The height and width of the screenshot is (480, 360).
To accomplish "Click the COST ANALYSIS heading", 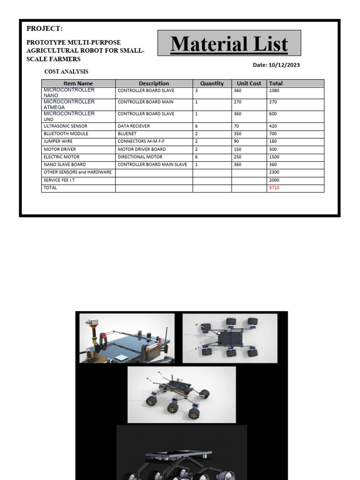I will (x=66, y=72).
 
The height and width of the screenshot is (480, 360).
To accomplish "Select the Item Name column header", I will (x=78, y=83).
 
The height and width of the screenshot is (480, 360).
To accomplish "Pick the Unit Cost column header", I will (x=249, y=83).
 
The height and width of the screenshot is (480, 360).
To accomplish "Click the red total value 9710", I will (x=274, y=188).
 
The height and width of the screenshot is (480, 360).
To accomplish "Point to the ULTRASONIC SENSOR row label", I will (x=66, y=126).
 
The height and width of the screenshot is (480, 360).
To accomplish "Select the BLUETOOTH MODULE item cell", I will (x=66, y=134).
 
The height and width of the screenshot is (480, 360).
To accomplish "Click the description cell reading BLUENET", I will (x=128, y=134).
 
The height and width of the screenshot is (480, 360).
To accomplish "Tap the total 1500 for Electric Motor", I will (x=275, y=157).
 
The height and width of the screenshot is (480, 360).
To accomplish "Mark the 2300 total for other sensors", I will (x=275, y=172).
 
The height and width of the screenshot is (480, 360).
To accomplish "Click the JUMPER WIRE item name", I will (x=58, y=141).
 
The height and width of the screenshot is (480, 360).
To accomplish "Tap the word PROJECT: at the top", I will (x=45, y=29).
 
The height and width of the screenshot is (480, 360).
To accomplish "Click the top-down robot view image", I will (x=230, y=338).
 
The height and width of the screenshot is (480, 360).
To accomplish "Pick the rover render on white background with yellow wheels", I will (x=181, y=395).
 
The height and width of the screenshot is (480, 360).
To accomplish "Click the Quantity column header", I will (x=212, y=83).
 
